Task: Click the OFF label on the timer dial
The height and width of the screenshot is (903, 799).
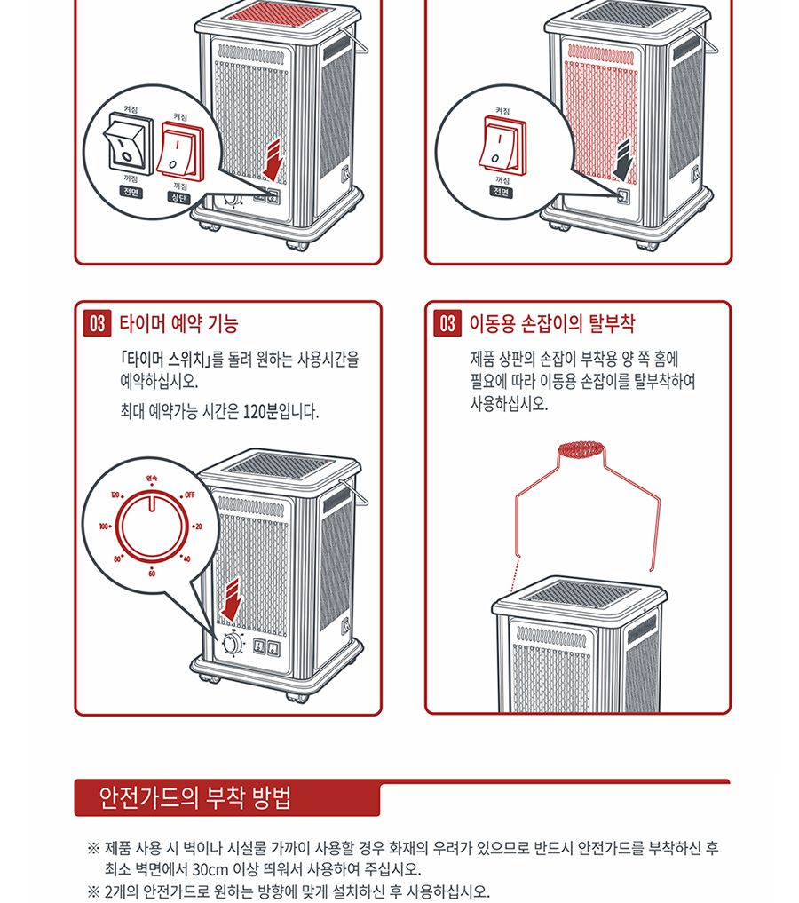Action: pos(190,494)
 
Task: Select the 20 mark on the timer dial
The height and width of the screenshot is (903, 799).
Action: pos(199,527)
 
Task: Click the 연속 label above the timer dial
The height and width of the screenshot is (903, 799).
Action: pos(152,478)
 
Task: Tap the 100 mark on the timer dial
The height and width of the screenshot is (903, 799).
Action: pos(104,527)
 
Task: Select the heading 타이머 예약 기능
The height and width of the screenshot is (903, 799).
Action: pos(178,323)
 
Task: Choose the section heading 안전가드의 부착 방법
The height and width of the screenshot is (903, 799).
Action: pos(195,798)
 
